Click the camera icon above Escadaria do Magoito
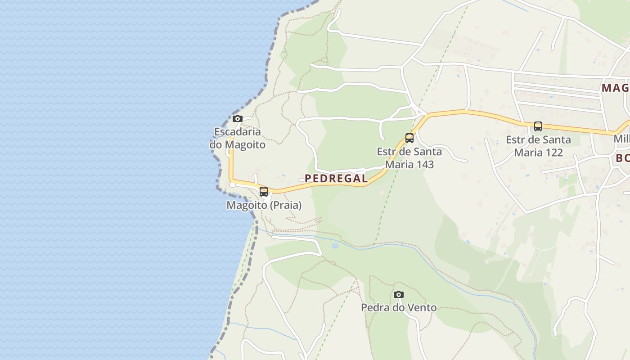(238, 119)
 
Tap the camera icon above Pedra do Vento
(398, 295)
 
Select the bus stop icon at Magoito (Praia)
(264, 192)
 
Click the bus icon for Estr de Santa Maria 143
(409, 138)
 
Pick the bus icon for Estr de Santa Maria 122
(538, 126)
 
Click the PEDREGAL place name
(336, 179)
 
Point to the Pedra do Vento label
(399, 308)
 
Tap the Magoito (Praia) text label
(264, 205)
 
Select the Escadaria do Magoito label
(238, 138)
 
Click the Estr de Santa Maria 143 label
(409, 158)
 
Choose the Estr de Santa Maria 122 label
(538, 146)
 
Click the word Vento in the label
(420, 308)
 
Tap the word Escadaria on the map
(238, 132)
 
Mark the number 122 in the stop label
(553, 153)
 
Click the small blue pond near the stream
(334, 246)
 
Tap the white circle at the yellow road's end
(233, 184)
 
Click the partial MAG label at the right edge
(615, 88)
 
